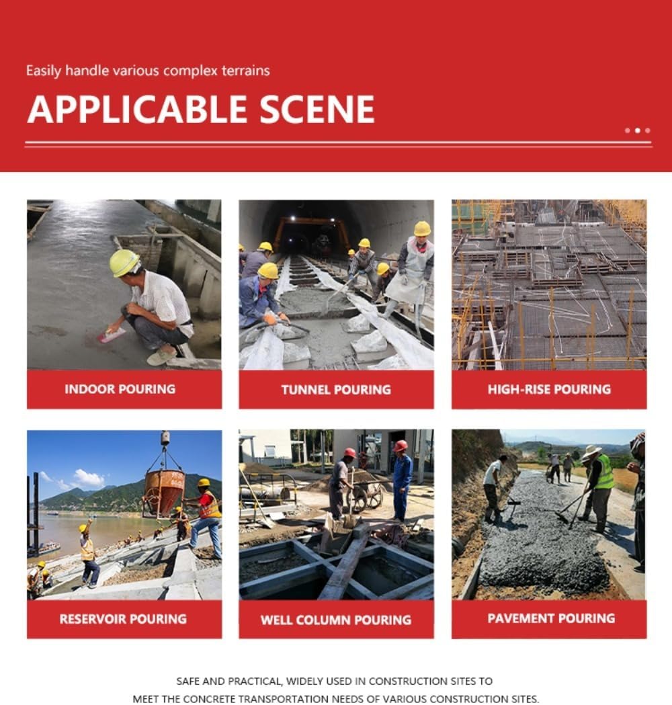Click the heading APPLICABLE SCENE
click(x=200, y=110)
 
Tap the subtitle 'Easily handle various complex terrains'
click(x=148, y=71)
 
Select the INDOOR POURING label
click(x=120, y=389)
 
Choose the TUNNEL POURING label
click(x=336, y=390)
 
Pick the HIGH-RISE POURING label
click(x=549, y=389)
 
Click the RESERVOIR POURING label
click(x=123, y=619)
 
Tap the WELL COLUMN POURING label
click(x=336, y=620)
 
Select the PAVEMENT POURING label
click(x=551, y=618)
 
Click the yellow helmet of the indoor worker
click(x=124, y=262)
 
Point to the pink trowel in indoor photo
click(x=111, y=335)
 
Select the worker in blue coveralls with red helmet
click(x=402, y=479)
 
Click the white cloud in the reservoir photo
click(x=87, y=479)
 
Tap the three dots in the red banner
click(x=637, y=130)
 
